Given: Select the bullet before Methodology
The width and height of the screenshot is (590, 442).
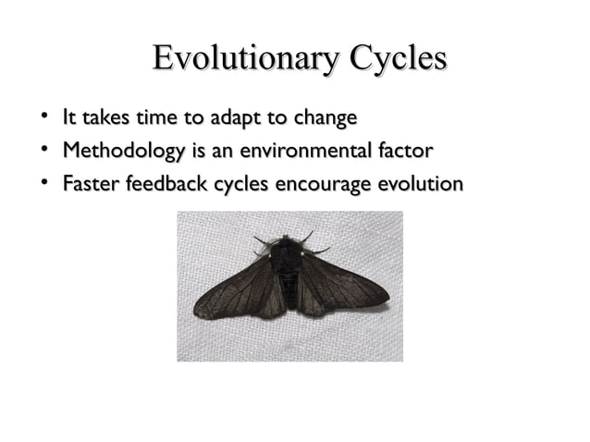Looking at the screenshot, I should coord(43,150).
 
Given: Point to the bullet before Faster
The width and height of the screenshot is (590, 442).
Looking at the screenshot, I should coord(43,183).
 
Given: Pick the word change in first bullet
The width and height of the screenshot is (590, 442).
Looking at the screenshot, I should coord(324,119).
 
